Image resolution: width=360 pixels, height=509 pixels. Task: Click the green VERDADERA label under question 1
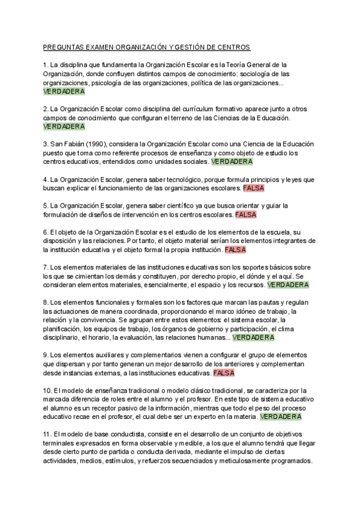click(64, 91)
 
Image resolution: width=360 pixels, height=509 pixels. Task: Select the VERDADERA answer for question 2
click(64, 127)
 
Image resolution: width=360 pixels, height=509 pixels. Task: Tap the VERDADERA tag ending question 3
click(232, 161)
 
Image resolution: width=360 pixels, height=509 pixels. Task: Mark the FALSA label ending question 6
click(235, 249)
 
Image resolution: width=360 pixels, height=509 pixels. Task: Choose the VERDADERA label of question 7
click(288, 285)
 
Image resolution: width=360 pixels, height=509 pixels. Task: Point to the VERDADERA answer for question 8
click(253, 337)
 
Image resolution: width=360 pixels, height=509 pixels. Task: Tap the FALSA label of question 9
click(223, 373)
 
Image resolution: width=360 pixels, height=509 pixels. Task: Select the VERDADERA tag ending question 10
click(281, 416)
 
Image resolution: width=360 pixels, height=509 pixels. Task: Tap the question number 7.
click(46, 267)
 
